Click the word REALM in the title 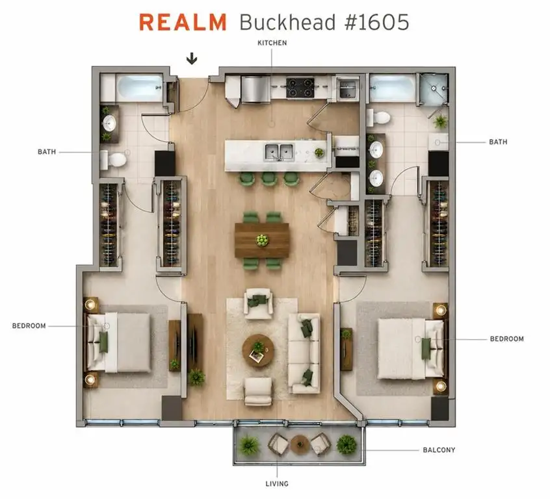pyautogui.click(x=183, y=23)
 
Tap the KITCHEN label pyautogui.click(x=272, y=43)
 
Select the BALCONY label pyautogui.click(x=439, y=450)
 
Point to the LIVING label pyautogui.click(x=277, y=484)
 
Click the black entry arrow pyautogui.click(x=192, y=58)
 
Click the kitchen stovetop pyautogui.click(x=300, y=88)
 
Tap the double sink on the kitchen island pyautogui.click(x=279, y=152)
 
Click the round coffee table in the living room pyautogui.click(x=258, y=350)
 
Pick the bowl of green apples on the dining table pyautogui.click(x=261, y=240)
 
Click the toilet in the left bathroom pyautogui.click(x=113, y=160)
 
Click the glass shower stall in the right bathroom pyautogui.click(x=434, y=88)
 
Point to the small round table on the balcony pyautogui.click(x=299, y=444)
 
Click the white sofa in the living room pyautogui.click(x=304, y=353)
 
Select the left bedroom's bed pyautogui.click(x=118, y=342)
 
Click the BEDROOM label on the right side pyautogui.click(x=506, y=339)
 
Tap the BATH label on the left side pyautogui.click(x=47, y=152)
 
